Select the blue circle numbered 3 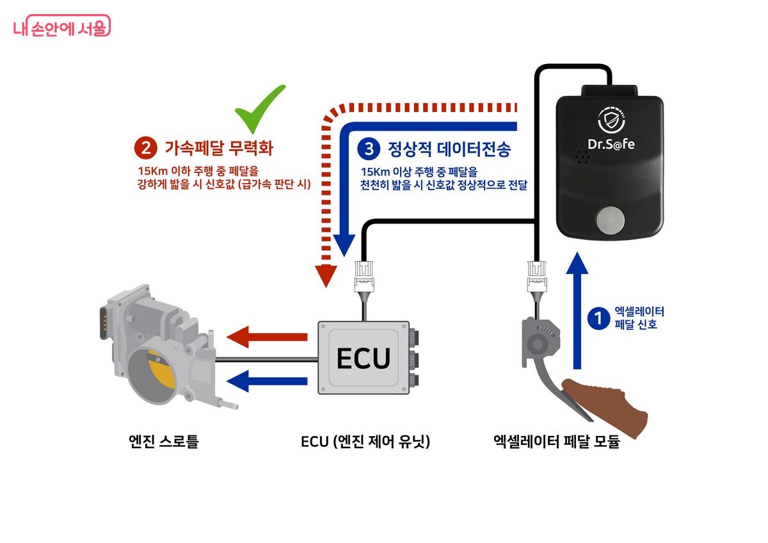click(x=368, y=149)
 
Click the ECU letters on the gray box click(x=363, y=358)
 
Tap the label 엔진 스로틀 click(x=164, y=442)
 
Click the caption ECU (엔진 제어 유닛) click(x=365, y=442)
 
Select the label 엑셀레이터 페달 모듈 click(x=557, y=442)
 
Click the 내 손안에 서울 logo click(x=61, y=26)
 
